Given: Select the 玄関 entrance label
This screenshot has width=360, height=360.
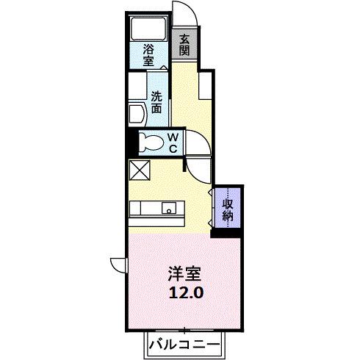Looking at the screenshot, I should click(x=184, y=46).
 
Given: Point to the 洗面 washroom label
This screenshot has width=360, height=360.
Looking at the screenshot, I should click(x=157, y=101).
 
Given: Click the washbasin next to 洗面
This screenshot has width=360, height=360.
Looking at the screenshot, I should click(x=137, y=114).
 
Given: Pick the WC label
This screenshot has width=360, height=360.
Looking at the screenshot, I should click(x=171, y=143).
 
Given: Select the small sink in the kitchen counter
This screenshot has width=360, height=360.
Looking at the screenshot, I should click(x=170, y=208).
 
